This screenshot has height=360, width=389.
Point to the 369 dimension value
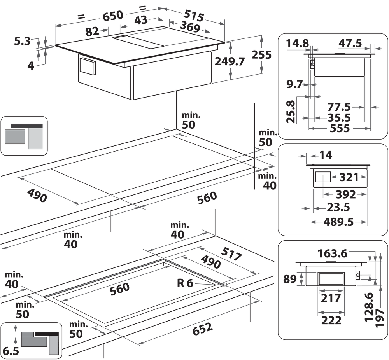[x=190, y=28]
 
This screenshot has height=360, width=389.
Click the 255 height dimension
[x=261, y=55]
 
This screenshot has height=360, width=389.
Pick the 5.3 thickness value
[x=22, y=40]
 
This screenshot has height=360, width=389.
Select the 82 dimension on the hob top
[x=92, y=32]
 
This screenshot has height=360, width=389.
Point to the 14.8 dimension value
[x=298, y=43]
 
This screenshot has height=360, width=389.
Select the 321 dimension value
[x=348, y=178]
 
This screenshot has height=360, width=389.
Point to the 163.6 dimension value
[x=332, y=253]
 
